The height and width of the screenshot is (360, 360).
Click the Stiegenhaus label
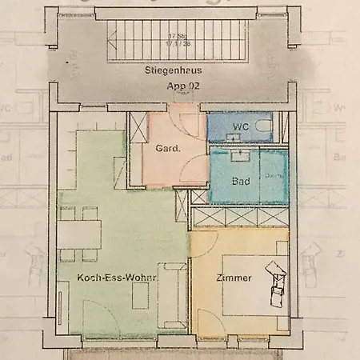[x=168, y=70]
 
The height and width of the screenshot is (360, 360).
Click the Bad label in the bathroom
[x=240, y=181]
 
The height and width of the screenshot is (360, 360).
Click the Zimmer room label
[x=234, y=278]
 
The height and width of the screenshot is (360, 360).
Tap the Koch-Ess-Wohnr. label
[x=117, y=278]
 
